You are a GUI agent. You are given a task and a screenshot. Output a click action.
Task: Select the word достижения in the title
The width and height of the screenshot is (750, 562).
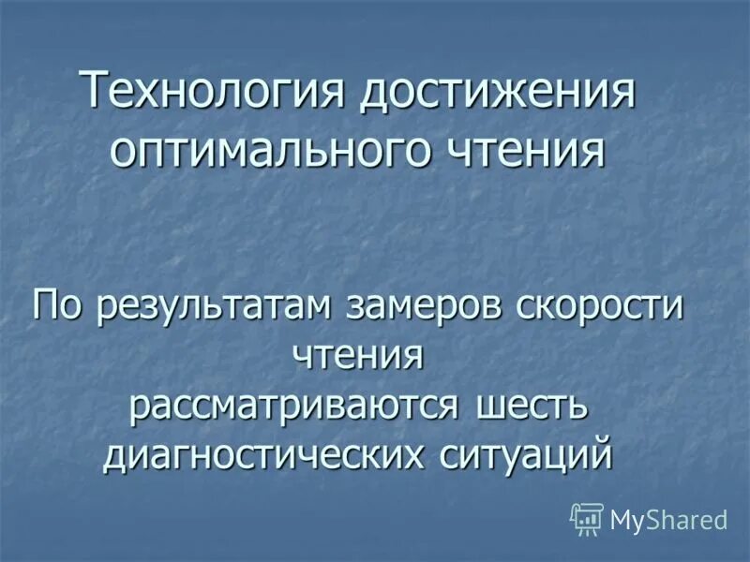(499, 94)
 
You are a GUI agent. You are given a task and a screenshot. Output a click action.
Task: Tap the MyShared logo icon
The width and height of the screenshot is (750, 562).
(587, 519)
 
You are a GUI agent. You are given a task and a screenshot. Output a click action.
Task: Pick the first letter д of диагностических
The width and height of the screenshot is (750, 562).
(114, 456)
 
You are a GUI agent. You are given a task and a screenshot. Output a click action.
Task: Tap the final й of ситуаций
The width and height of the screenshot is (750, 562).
(602, 451)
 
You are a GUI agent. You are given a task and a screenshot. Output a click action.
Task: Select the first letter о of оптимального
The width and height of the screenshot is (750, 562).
(124, 150)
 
